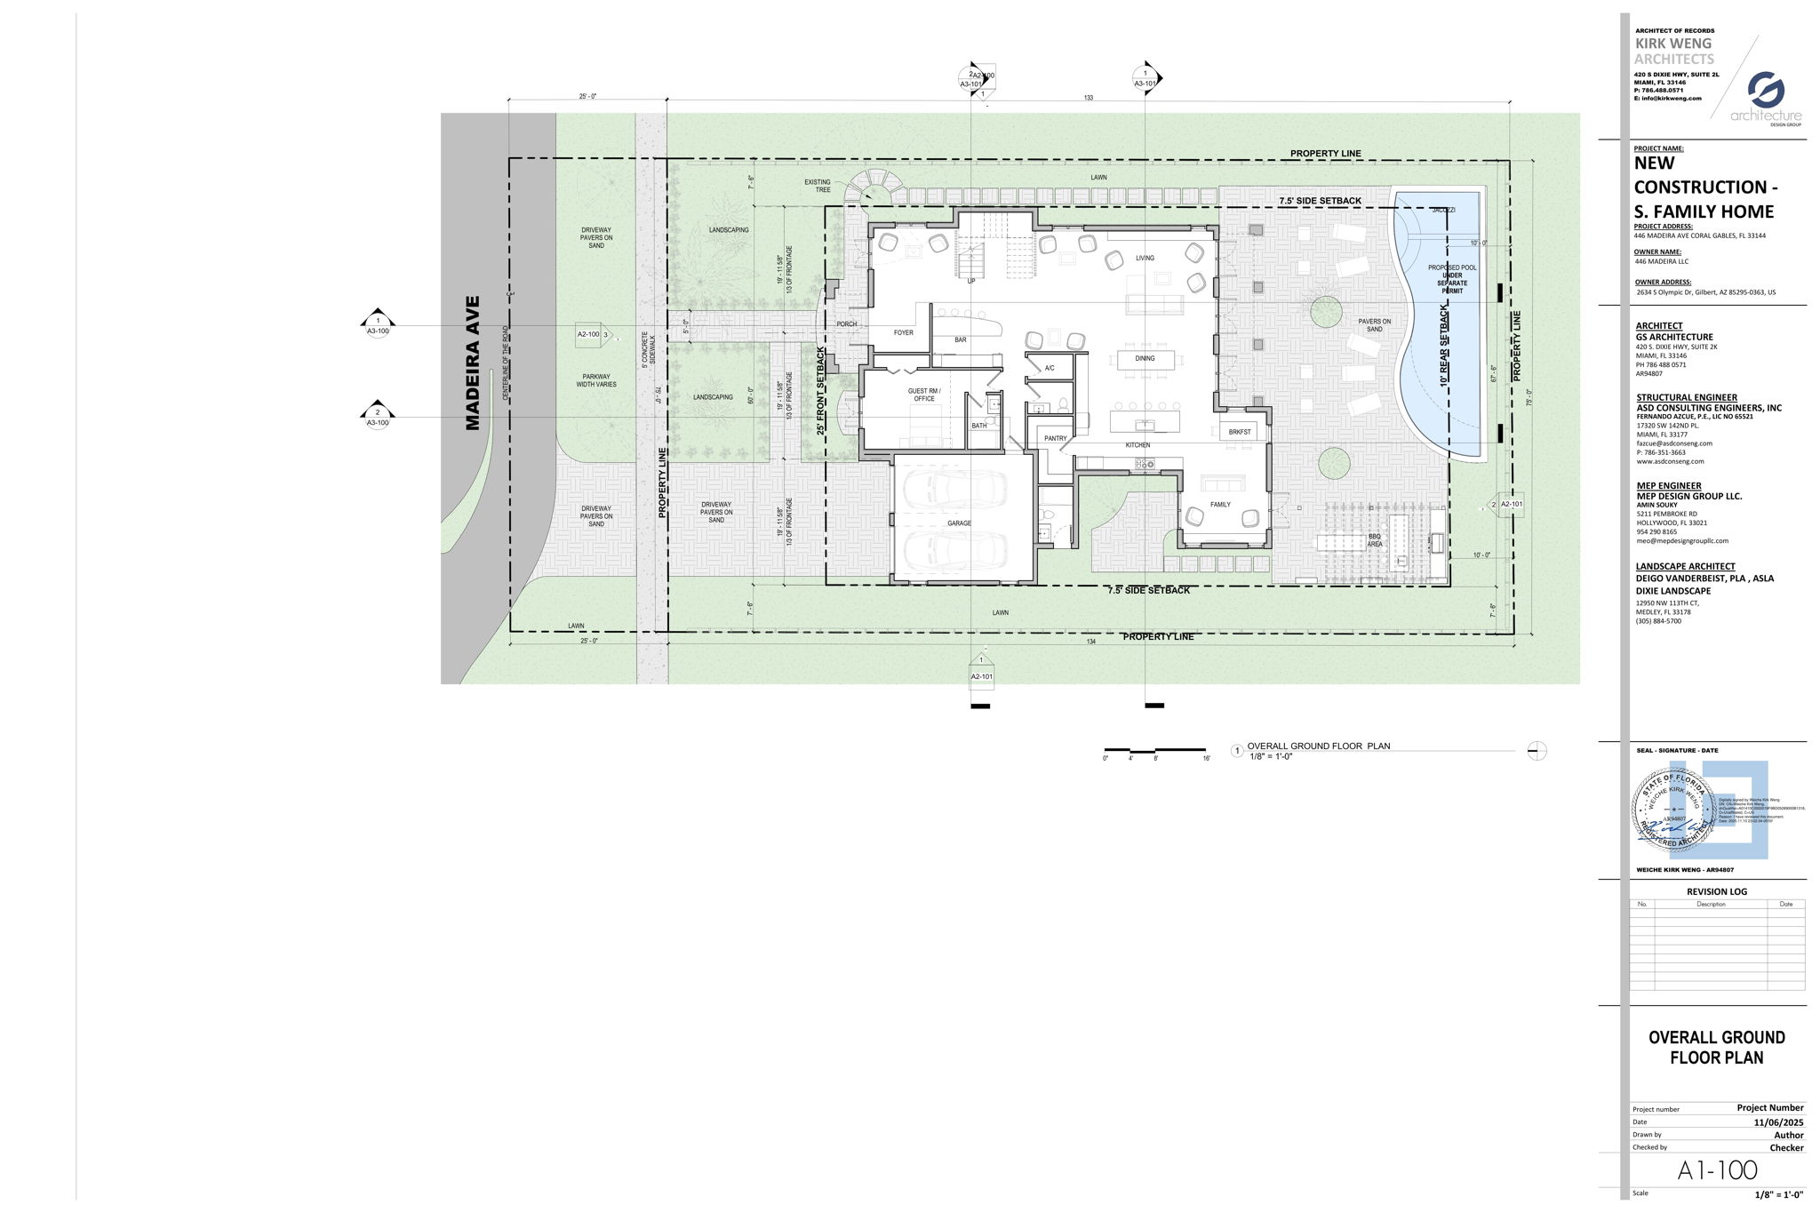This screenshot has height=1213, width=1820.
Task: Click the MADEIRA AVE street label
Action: tap(472, 363)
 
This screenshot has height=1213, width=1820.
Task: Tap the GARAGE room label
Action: tap(959, 523)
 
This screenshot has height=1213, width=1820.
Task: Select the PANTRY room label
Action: tap(1055, 438)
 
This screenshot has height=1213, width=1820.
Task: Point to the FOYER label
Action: tap(903, 333)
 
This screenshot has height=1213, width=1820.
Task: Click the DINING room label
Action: tap(1145, 359)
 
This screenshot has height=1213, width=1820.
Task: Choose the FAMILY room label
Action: tap(1220, 505)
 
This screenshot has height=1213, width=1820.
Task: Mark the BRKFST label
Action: tap(1240, 432)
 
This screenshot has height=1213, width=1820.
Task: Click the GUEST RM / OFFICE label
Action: tap(923, 395)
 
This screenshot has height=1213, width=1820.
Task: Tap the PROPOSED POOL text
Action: tap(1451, 267)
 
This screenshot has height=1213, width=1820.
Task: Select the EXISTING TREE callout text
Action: tap(817, 186)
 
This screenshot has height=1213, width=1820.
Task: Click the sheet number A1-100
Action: tap(1717, 1170)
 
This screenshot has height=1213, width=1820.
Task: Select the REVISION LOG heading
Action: tap(1716, 891)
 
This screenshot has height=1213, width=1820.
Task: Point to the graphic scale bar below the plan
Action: tap(1154, 751)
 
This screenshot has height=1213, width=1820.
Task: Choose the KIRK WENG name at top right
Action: tap(1673, 44)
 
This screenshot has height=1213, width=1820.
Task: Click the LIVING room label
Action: tap(1145, 259)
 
